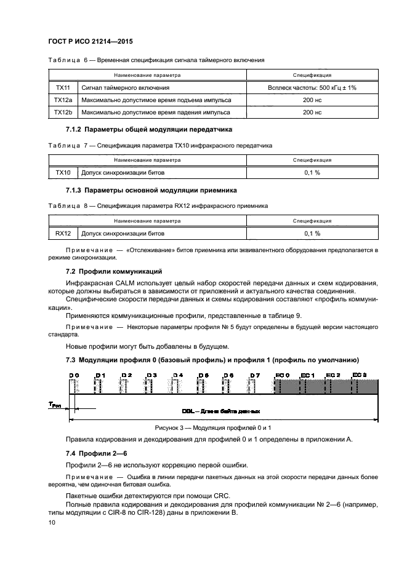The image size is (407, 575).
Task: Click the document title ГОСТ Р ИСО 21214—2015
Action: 91,41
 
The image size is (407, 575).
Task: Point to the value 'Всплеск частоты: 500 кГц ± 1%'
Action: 312,89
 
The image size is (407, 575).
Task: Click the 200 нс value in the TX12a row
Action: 312,100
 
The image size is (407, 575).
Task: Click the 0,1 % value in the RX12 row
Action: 312,233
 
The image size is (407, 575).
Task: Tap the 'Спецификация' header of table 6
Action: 312,76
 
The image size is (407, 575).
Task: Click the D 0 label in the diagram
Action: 74,375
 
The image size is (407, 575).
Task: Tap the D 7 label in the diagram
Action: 255,375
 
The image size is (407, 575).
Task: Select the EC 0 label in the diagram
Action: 282,375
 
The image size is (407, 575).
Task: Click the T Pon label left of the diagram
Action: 55,404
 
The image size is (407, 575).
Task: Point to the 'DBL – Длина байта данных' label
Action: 220,411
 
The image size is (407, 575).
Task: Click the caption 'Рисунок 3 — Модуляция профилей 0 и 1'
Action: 212,427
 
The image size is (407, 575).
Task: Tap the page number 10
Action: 52,521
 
